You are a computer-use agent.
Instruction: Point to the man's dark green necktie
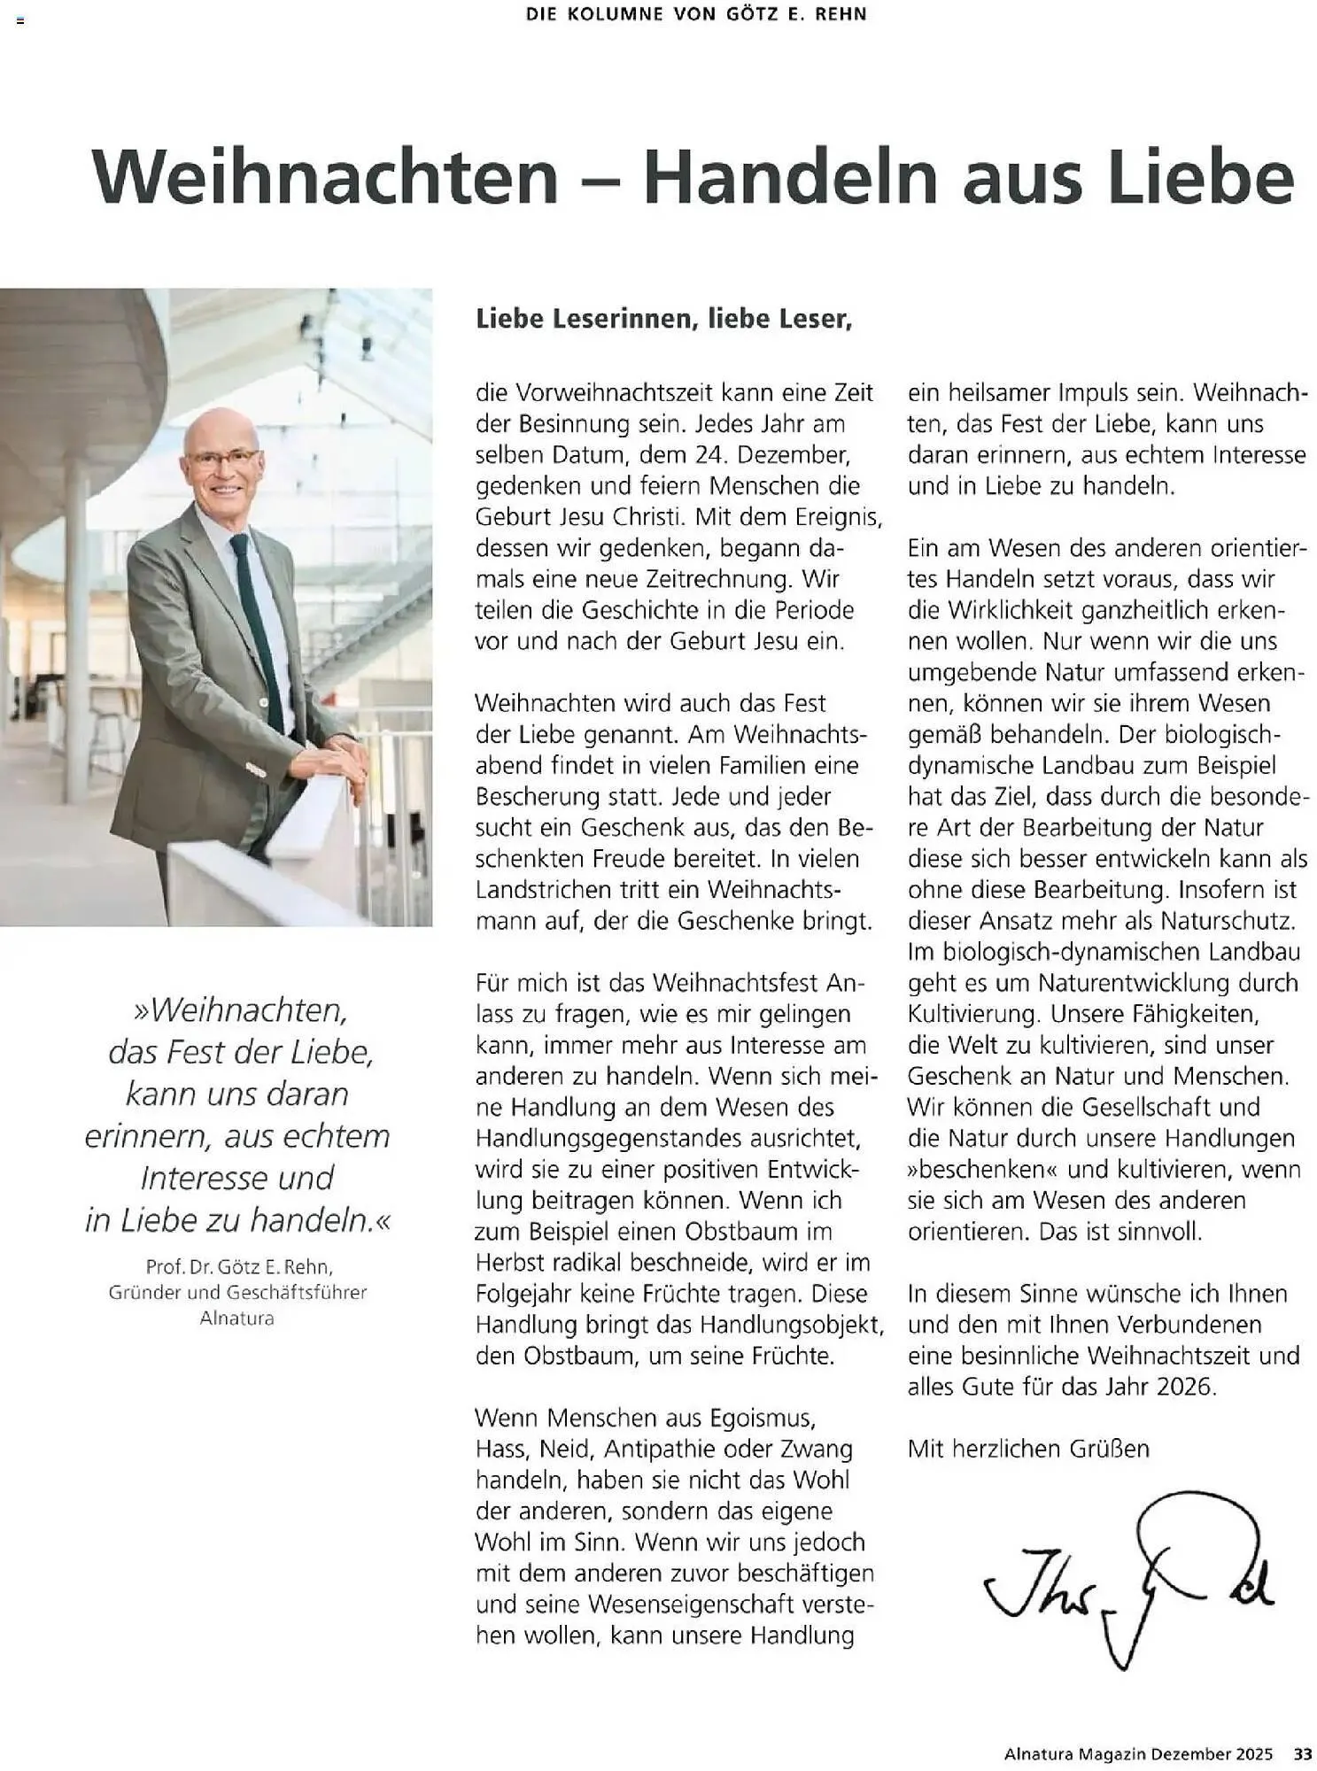click(x=258, y=620)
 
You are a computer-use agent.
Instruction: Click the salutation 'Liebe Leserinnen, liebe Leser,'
click(x=663, y=319)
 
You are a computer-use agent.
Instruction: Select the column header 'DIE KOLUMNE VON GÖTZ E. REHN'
click(x=696, y=14)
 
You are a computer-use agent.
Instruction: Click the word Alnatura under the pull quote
click(x=236, y=1319)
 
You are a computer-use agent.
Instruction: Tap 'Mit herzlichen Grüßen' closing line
click(x=1027, y=1449)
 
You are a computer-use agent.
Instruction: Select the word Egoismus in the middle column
click(x=767, y=1418)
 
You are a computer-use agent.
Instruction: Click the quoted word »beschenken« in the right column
click(x=983, y=1170)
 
